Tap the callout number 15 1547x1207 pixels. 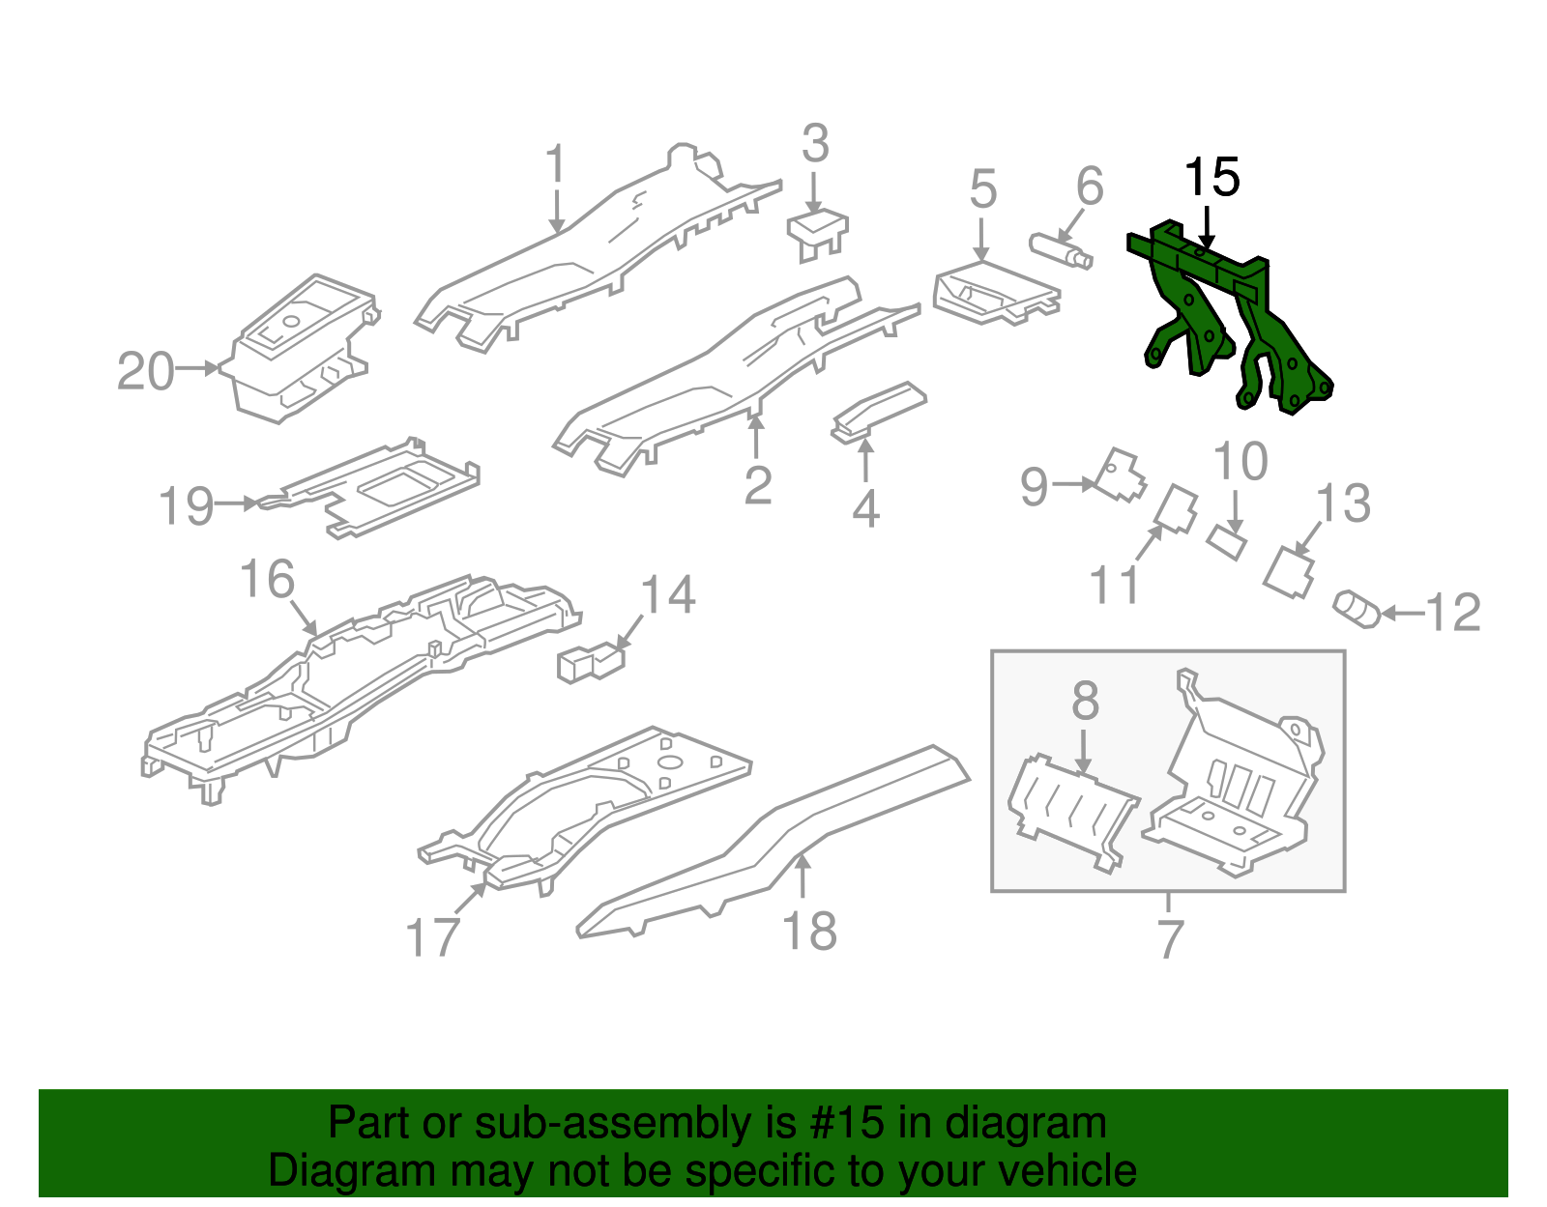point(1211,178)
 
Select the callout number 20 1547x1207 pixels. point(146,372)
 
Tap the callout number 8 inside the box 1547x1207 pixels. point(1085,702)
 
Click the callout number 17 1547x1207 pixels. point(431,937)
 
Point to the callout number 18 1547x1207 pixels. point(809,932)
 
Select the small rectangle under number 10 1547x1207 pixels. point(1226,541)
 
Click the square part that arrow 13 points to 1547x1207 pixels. point(1290,573)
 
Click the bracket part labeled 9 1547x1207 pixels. point(1120,474)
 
